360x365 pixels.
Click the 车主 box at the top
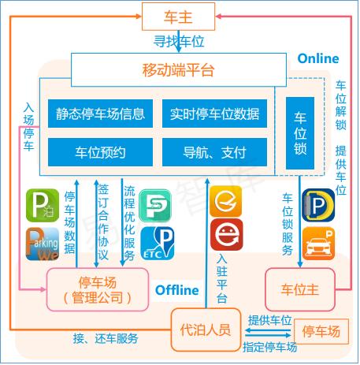click(178, 17)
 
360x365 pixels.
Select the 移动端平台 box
click(179, 70)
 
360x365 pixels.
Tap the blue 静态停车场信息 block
click(100, 114)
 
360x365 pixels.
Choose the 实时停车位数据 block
click(214, 114)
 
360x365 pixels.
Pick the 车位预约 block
click(100, 152)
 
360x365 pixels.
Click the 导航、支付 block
click(214, 152)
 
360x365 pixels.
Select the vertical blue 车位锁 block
click(300, 133)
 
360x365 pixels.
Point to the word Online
click(318, 58)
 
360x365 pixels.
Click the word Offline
click(177, 290)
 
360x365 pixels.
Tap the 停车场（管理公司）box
click(98, 289)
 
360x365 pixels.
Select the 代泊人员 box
click(206, 330)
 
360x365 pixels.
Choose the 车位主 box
click(300, 289)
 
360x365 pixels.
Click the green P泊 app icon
click(43, 206)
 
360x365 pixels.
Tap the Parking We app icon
click(43, 244)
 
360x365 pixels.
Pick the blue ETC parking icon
click(158, 244)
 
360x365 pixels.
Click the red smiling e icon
click(226, 234)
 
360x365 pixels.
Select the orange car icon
click(318, 244)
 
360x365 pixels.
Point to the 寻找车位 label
click(179, 42)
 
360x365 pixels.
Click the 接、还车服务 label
click(106, 338)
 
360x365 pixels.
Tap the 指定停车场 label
click(270, 347)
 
